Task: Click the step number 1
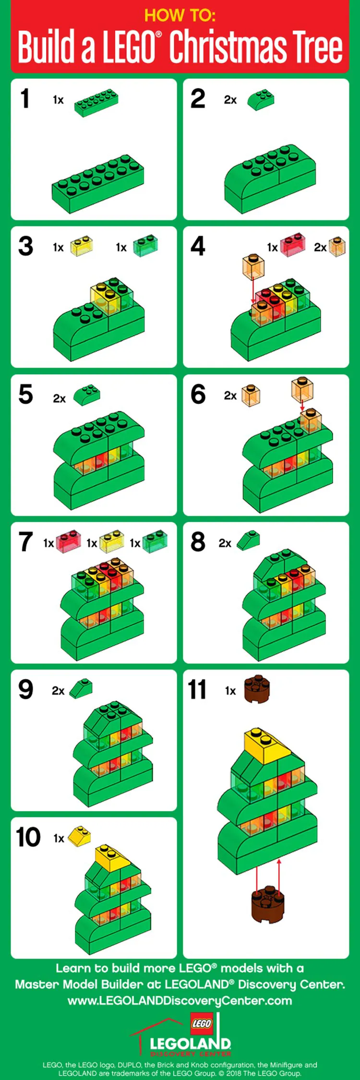25,99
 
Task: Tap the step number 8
198,542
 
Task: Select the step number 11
197,690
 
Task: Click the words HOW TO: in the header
180,16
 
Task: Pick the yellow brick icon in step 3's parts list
81,246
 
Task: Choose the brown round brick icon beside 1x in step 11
257,689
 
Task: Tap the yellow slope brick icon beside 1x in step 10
79,836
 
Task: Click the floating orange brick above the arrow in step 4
253,266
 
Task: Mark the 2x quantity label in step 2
230,100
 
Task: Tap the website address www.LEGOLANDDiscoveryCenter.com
180,1001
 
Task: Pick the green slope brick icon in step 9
81,689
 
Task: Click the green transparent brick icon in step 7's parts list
155,541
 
